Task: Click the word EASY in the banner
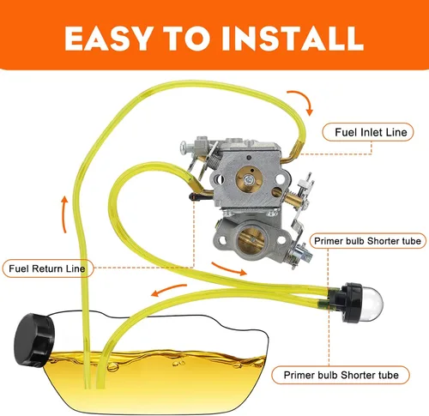pyautogui.click(x=108, y=39)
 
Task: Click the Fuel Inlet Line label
pyautogui.click(x=368, y=132)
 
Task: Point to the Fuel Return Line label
pyautogui.click(x=48, y=268)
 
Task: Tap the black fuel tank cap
pyautogui.click(x=34, y=341)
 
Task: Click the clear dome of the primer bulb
pyautogui.click(x=371, y=302)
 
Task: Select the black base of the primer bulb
pyautogui.click(x=347, y=302)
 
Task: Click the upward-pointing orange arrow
pyautogui.click(x=65, y=214)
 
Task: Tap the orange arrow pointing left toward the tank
pyautogui.click(x=169, y=290)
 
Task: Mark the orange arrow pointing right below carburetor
pyautogui.click(x=229, y=268)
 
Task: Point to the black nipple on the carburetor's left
pyautogui.click(x=196, y=197)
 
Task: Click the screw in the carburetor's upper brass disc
pyautogui.click(x=249, y=180)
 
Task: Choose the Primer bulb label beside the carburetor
pyautogui.click(x=368, y=241)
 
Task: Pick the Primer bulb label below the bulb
pyautogui.click(x=341, y=375)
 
